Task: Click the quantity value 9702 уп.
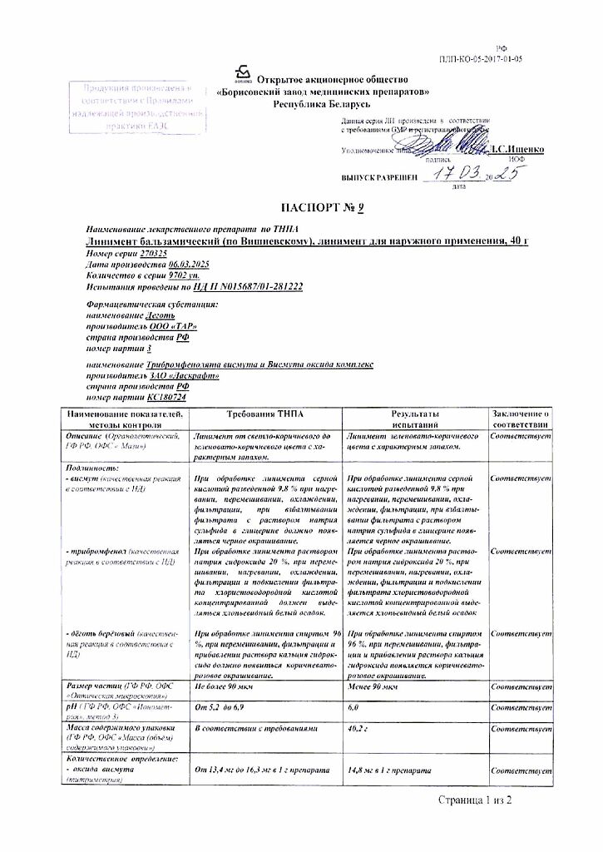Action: pyautogui.click(x=183, y=275)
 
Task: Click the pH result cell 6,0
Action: pyautogui.click(x=353, y=706)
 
